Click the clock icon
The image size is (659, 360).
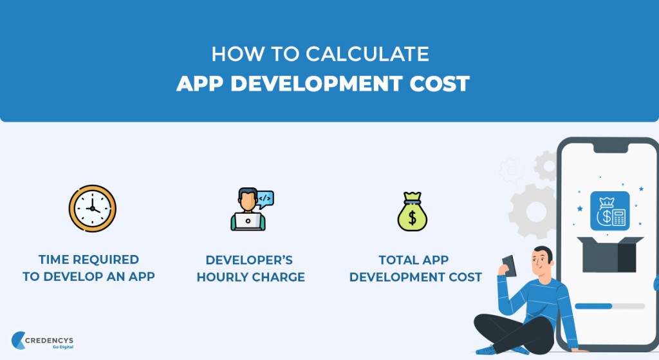point(92,208)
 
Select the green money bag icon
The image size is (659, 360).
point(413,211)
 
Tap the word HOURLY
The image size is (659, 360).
point(223,278)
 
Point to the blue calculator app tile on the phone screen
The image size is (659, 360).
point(609,211)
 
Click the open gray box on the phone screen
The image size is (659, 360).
point(609,254)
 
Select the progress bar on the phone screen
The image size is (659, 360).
point(609,306)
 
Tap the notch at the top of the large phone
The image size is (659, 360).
point(609,148)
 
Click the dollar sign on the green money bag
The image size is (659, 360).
point(413,218)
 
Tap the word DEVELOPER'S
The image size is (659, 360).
point(249,260)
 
